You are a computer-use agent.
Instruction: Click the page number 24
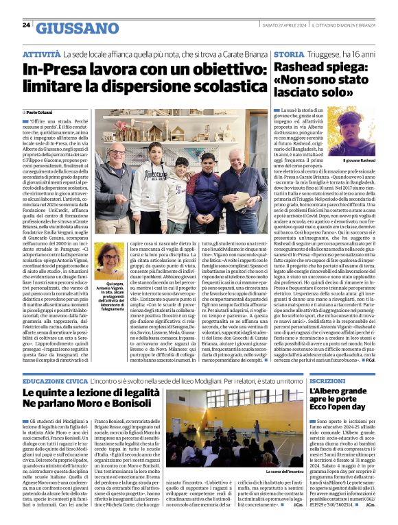pyautogui.click(x=26, y=25)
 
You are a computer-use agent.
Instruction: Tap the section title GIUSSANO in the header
pyautogui.click(x=75, y=28)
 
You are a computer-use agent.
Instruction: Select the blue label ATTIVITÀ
pyautogui.click(x=40, y=53)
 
